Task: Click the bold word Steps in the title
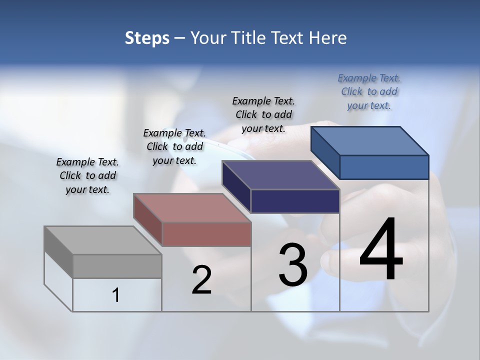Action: (147, 38)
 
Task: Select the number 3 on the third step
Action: (293, 265)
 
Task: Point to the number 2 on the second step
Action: (201, 280)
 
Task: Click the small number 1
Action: (116, 295)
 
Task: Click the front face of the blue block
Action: (384, 167)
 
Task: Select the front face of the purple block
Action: (295, 201)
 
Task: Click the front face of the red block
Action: (206, 234)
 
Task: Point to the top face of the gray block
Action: (103, 240)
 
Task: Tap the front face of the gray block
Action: (117, 266)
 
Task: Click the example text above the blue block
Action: (369, 91)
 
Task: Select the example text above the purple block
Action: (263, 114)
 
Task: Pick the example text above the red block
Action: (174, 146)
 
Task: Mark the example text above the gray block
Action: (87, 175)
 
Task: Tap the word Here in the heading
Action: (328, 38)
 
